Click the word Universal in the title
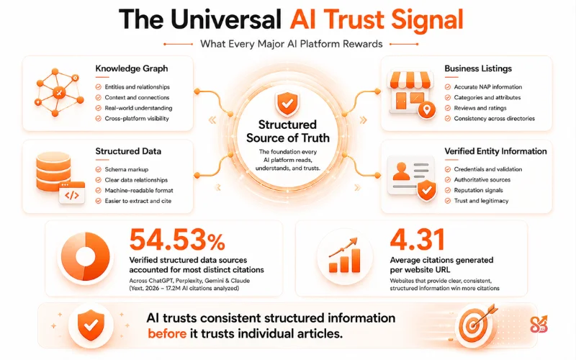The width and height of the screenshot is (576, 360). click(226, 19)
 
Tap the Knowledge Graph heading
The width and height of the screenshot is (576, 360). click(132, 68)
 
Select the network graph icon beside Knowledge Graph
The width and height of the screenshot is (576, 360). click(59, 92)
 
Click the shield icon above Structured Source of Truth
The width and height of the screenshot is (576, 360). click(287, 103)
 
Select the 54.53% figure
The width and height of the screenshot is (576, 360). click(177, 240)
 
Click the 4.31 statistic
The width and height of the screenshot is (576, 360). click(417, 240)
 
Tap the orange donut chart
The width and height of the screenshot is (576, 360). click(86, 256)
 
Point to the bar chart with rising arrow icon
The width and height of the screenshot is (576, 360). click(344, 256)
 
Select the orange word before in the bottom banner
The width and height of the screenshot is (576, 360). click(167, 334)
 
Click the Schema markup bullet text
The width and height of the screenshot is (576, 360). click(127, 169)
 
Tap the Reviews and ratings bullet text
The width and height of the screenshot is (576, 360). click(480, 108)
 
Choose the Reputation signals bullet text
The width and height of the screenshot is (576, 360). click(478, 190)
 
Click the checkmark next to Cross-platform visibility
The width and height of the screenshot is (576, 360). click(98, 118)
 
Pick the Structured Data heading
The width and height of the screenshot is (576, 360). click(128, 151)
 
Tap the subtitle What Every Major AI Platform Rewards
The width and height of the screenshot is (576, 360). click(292, 44)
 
